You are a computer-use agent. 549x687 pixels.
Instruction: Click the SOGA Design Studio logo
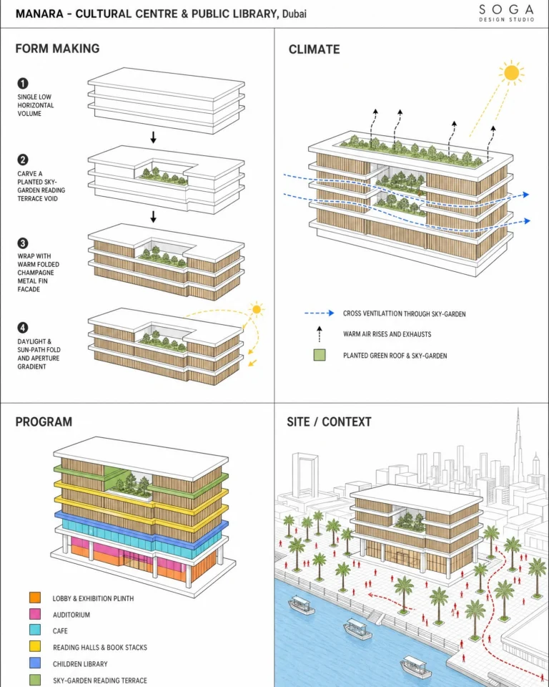pos(507,13)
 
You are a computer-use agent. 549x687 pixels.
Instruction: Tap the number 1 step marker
pos(23,83)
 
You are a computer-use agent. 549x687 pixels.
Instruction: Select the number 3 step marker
pos(23,243)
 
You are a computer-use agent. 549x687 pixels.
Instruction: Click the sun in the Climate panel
pos(511,73)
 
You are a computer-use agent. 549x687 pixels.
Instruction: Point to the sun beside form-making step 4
pos(257,309)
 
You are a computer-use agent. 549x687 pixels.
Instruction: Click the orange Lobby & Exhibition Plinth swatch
pos(35,598)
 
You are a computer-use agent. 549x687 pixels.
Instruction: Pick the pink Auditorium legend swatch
pos(35,614)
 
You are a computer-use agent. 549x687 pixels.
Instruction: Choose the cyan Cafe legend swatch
pos(35,630)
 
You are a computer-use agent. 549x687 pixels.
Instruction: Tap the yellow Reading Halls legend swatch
pos(35,646)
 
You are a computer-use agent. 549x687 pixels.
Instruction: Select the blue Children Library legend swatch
pos(35,663)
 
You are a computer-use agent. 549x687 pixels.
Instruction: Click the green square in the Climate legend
pos(320,355)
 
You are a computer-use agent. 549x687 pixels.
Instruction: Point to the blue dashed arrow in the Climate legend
pos(319,313)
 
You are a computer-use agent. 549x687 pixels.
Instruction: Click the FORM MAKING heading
pos(57,48)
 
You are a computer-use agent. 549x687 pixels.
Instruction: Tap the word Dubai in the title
pos(295,14)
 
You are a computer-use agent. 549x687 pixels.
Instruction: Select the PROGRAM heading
pos(44,422)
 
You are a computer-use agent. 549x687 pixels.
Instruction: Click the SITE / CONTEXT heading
pos(330,422)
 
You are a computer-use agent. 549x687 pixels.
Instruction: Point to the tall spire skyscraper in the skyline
pos(518,452)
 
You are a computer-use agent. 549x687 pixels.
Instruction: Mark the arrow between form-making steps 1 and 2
pos(153,137)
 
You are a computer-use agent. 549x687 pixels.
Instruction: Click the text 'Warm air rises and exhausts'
pos(387,334)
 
